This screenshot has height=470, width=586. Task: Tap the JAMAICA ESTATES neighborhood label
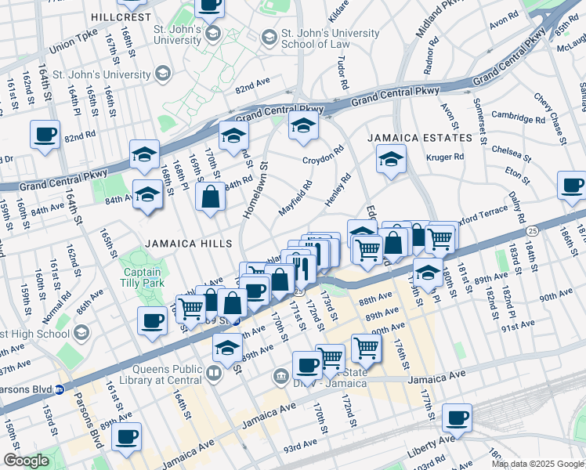point(421,138)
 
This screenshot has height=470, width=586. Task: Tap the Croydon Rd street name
point(324,154)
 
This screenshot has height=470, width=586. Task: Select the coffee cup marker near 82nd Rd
point(45,134)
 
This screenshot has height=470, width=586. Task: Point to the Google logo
point(26,461)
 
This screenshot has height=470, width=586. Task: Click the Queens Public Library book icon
point(215,373)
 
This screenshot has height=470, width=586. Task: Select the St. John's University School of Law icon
point(269,37)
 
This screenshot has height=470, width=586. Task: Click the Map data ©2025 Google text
point(537,464)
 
